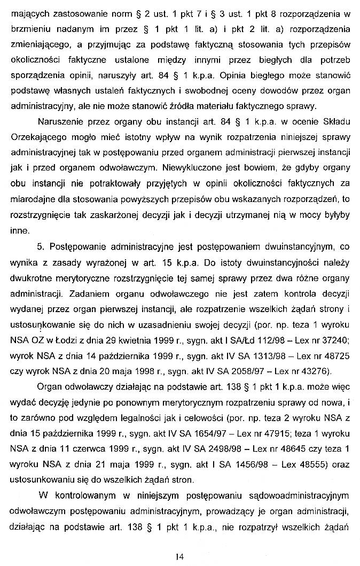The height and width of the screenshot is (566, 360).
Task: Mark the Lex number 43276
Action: [317, 370]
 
